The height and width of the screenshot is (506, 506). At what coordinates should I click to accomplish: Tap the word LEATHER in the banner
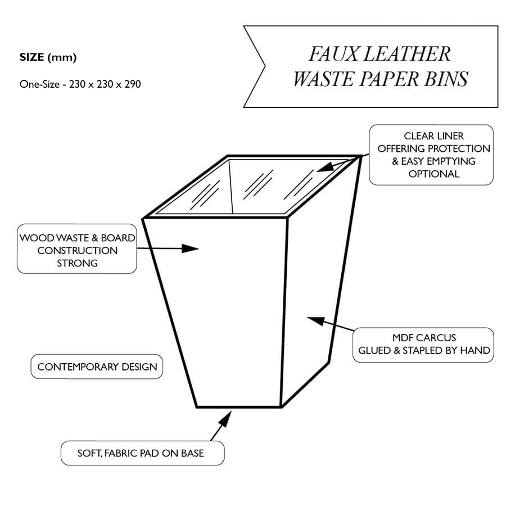pos(405,54)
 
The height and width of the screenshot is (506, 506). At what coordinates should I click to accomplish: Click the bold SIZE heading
pos(32,57)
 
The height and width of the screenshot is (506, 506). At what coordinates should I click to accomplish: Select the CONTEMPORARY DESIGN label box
pos(97,367)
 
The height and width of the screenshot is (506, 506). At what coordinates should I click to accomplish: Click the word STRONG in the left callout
pos(77,263)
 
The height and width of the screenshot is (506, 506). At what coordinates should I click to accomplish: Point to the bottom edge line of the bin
pos(238,406)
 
